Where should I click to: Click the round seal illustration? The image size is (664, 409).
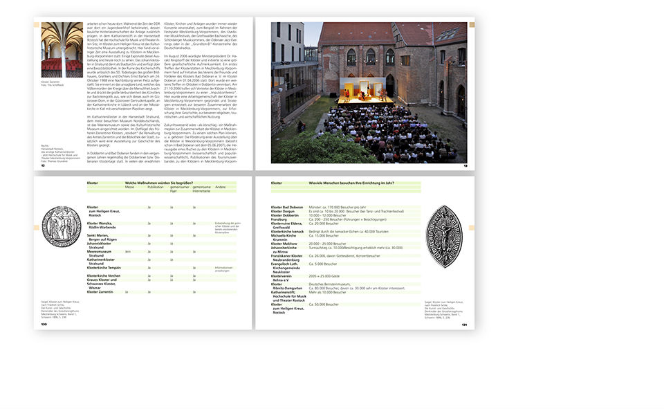pyautogui.click(x=61, y=226)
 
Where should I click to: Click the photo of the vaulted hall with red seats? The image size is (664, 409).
pyautogui.click(x=62, y=49)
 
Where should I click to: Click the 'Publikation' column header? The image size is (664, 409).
pyautogui.click(x=155, y=187)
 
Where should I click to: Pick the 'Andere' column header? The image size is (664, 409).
pyautogui.click(x=221, y=187)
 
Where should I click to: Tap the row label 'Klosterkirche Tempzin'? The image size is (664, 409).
pyautogui.click(x=104, y=267)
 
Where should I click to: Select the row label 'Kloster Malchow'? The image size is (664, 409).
pyautogui.click(x=284, y=244)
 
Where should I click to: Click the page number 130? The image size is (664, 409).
pyautogui.click(x=44, y=323)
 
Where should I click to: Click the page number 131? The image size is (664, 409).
pyautogui.click(x=465, y=323)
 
